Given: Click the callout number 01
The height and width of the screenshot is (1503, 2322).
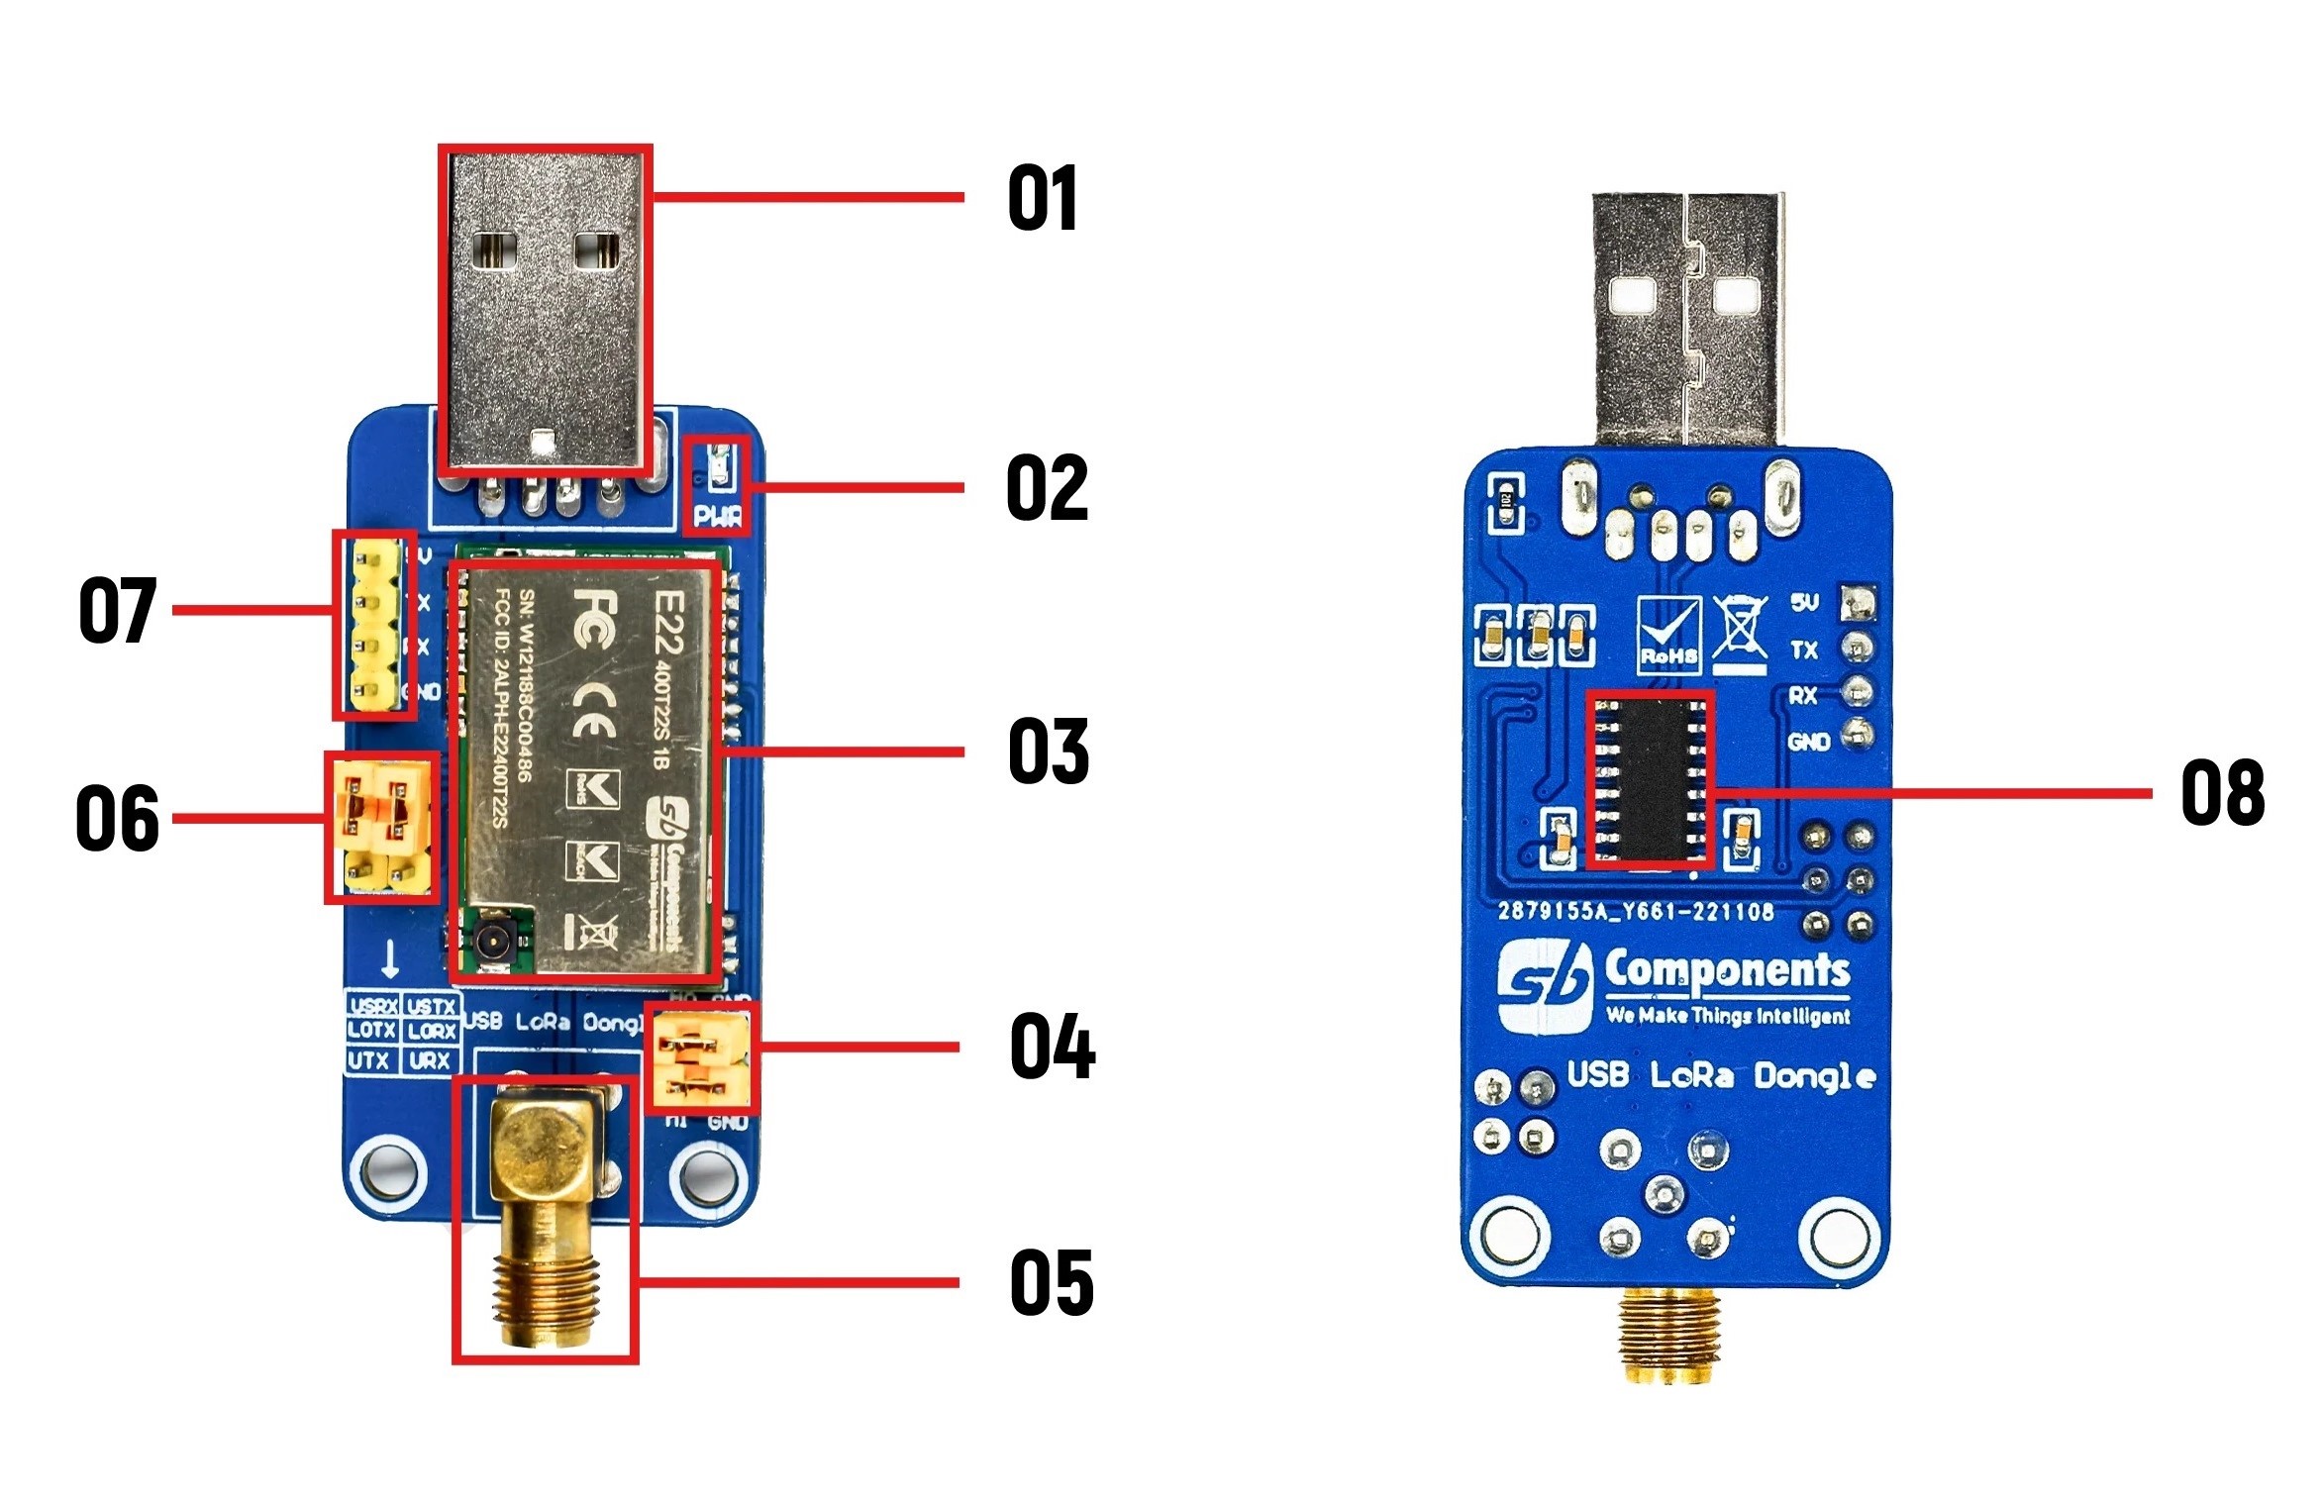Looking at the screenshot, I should click(1043, 198).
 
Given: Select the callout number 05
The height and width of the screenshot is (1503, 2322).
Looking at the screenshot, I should click(1052, 1282).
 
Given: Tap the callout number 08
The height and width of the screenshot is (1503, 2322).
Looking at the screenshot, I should click(2222, 792).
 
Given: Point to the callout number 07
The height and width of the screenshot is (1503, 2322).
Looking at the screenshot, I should click(117, 610).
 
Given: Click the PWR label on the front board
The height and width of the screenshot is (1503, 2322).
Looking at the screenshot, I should click(717, 516).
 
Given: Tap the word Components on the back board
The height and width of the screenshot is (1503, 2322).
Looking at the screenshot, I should click(1727, 970).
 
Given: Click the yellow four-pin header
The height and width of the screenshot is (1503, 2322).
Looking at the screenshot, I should click(374, 625).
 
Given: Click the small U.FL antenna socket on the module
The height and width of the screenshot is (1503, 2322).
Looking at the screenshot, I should click(492, 938).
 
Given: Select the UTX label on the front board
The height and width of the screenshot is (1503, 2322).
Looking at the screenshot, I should click(368, 1060).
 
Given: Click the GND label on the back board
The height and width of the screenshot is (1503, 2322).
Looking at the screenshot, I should click(1808, 742).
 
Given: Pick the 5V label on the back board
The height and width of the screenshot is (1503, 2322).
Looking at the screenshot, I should click(1804, 602).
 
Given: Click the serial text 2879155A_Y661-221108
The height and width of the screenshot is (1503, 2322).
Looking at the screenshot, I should click(1635, 911).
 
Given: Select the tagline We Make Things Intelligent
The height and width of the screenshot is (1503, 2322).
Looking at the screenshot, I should click(1727, 1016).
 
